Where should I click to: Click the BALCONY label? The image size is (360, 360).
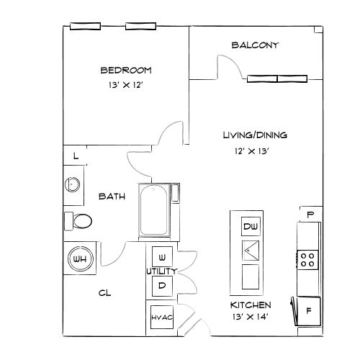255,45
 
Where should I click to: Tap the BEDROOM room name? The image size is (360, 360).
125,70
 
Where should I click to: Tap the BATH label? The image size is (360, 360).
112,196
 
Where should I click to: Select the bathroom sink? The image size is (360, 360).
73,185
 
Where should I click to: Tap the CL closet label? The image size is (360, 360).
104,293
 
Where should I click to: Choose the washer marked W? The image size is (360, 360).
162,257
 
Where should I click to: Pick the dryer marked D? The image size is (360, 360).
162,285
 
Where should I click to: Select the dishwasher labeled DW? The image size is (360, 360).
251,228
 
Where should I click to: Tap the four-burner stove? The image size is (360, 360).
308,258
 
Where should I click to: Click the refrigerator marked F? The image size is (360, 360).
309,311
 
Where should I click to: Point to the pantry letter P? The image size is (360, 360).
310,215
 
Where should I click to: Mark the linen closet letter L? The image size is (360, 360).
76,156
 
